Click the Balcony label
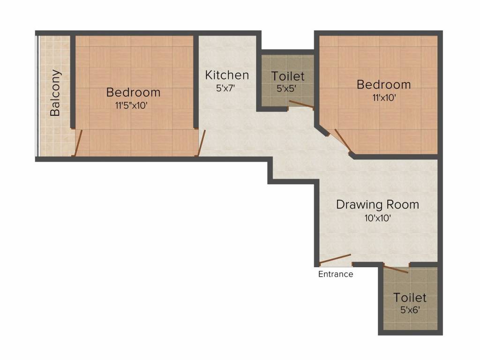(x=55, y=93)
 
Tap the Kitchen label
(x=227, y=75)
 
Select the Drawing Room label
(x=377, y=204)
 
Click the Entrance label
(x=336, y=274)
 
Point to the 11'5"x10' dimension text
(x=132, y=105)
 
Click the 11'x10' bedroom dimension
(x=384, y=97)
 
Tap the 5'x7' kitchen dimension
(x=225, y=88)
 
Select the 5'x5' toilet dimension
(x=286, y=89)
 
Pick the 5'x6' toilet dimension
(x=410, y=310)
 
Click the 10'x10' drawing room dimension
(x=378, y=218)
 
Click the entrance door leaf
(x=335, y=259)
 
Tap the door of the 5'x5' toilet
(x=301, y=104)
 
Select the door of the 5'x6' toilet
(x=396, y=270)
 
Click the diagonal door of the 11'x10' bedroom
(x=343, y=140)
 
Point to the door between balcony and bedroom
(x=78, y=142)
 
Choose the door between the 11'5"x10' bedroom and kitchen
(x=202, y=142)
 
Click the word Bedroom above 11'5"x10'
(x=133, y=92)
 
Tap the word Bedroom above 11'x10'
(x=383, y=84)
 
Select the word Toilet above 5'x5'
(x=288, y=76)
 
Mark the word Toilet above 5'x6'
(x=410, y=298)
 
